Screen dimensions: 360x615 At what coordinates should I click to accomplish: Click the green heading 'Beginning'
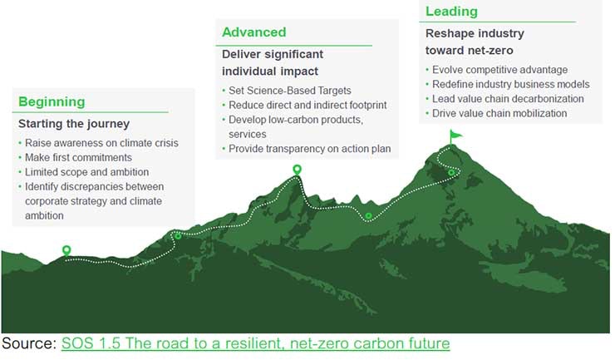point(52,102)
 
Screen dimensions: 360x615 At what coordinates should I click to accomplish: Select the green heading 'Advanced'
point(253,32)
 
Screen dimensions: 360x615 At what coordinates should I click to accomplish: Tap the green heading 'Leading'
point(451,12)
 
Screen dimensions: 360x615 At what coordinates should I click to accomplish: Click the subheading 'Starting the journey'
point(74,124)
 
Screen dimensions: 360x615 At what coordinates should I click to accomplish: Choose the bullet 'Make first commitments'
point(78,157)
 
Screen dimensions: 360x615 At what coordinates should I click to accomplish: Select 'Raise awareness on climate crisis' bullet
point(101,143)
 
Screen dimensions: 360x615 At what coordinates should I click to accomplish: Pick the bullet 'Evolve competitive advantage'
point(499,70)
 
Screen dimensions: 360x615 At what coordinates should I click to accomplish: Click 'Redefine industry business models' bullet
point(510,84)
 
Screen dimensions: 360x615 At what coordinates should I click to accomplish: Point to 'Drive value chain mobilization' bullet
point(499,113)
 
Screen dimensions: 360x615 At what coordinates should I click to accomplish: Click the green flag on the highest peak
point(455,134)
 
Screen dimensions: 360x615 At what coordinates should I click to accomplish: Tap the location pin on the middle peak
point(297,170)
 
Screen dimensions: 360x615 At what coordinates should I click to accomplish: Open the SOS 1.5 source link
point(255,343)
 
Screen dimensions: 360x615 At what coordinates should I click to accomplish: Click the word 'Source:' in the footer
point(29,343)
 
